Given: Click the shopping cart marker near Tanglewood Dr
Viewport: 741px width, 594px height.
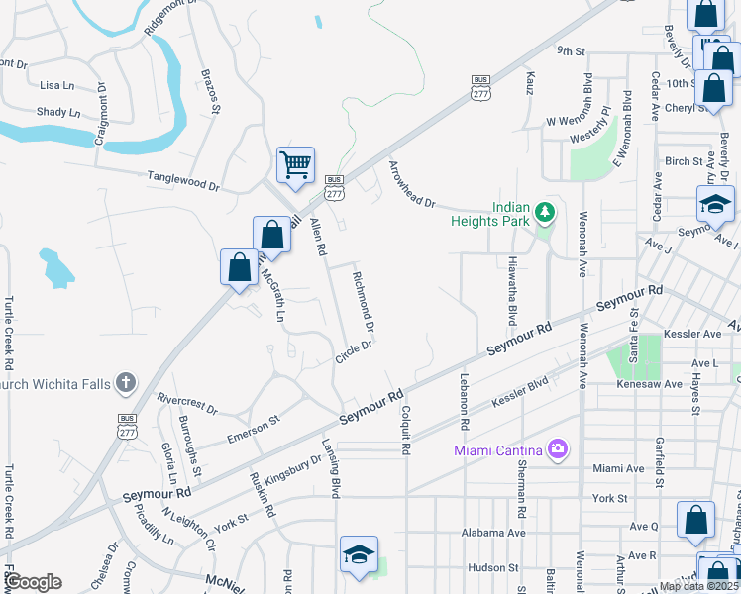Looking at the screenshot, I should coord(295,165).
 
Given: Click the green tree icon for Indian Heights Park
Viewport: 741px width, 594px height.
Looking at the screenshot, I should coord(543,212).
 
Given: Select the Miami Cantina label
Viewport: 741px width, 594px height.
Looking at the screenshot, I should coord(498,451).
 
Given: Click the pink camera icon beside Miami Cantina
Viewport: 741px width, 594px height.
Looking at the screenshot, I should coord(557,450).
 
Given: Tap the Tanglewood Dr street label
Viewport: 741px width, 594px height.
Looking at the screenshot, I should coord(183,179).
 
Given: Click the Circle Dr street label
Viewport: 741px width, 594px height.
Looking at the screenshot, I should coord(353,351).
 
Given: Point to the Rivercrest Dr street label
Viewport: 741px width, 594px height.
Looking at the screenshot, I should coord(187,402).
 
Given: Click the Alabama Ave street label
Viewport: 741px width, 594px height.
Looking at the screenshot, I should coord(493,533).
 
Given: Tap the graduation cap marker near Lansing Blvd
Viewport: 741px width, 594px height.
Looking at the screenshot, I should coord(359,554).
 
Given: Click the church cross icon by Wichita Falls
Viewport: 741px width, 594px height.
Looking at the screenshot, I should coord(126,382).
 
